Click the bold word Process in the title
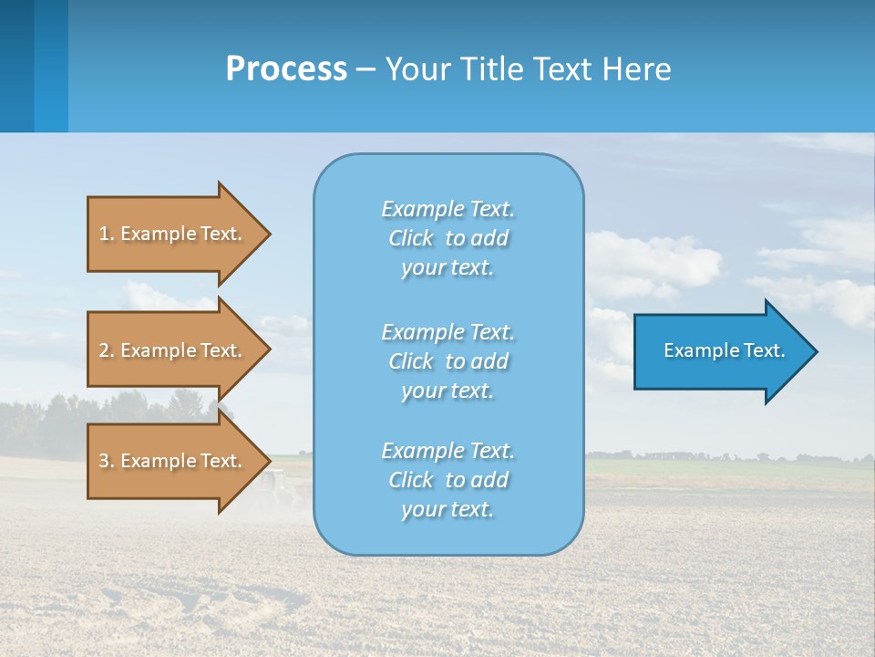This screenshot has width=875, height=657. click(x=286, y=69)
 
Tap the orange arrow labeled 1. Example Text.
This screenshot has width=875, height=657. click(x=173, y=234)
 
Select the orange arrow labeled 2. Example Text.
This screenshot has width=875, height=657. click(x=173, y=350)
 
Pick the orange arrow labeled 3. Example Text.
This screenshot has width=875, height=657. click(x=173, y=461)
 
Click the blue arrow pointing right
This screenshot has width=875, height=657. click(x=720, y=351)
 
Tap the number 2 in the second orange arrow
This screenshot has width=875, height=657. click(x=104, y=350)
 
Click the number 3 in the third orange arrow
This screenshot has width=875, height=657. click(x=104, y=461)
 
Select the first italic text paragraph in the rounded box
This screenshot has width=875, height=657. click(x=448, y=238)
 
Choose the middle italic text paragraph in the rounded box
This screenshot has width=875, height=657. click(x=448, y=360)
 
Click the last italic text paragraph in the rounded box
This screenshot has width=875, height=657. click(x=448, y=480)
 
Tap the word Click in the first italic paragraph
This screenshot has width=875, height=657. click(x=411, y=238)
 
